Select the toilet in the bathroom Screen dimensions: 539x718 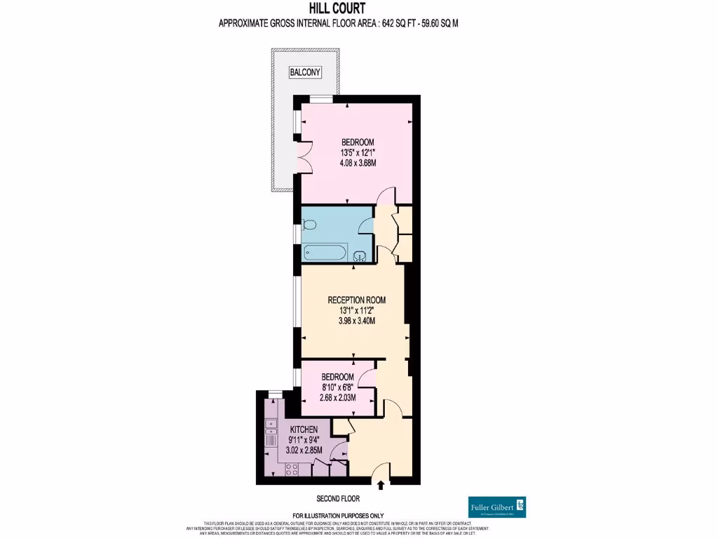point(310,225)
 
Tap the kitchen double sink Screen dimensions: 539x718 point(270,427)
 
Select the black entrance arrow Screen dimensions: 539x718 point(381,484)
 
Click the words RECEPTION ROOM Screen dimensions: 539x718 point(357,300)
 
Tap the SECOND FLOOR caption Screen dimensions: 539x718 point(337,499)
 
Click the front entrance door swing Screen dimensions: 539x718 point(381,472)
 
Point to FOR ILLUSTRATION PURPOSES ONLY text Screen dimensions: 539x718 point(338,516)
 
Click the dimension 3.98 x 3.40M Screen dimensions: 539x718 point(357,321)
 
